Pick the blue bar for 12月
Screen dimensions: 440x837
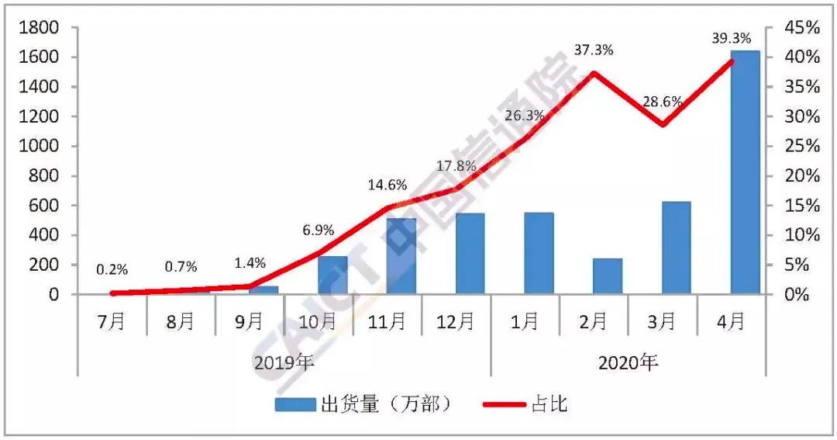[470, 253]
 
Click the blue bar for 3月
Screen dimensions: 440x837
[676, 248]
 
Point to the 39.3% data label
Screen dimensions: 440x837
[731, 37]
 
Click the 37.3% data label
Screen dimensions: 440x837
[594, 50]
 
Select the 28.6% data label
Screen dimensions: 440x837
[664, 101]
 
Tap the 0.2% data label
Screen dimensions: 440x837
[112, 270]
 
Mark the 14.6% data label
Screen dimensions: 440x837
[386, 185]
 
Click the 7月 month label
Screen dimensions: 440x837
[112, 321]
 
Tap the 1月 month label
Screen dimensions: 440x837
[525, 321]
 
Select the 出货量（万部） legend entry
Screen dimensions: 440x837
[363, 404]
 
